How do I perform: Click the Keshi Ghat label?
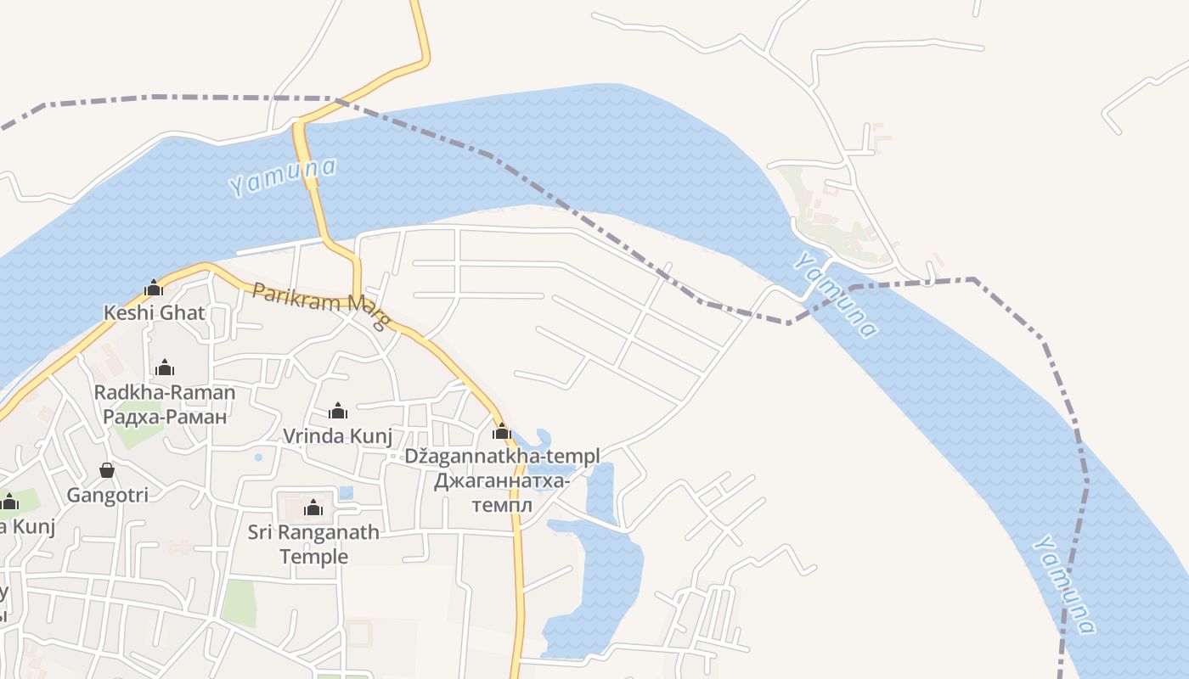154,312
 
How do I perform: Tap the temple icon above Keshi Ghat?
154,289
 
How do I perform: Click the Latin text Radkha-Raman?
164,392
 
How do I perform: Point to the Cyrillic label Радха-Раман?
164,417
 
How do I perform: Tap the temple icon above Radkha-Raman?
165,368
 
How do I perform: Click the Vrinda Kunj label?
337,436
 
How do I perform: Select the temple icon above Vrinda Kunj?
338,412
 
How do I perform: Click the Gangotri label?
108,495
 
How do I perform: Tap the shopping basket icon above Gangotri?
107,470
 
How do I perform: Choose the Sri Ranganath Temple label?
313,544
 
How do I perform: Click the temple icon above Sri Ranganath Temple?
313,508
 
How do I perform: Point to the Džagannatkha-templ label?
501,456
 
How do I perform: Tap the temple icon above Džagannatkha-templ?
502,432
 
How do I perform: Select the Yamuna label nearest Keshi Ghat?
282,177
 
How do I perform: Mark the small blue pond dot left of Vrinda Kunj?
258,457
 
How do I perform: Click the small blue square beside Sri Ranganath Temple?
346,492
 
